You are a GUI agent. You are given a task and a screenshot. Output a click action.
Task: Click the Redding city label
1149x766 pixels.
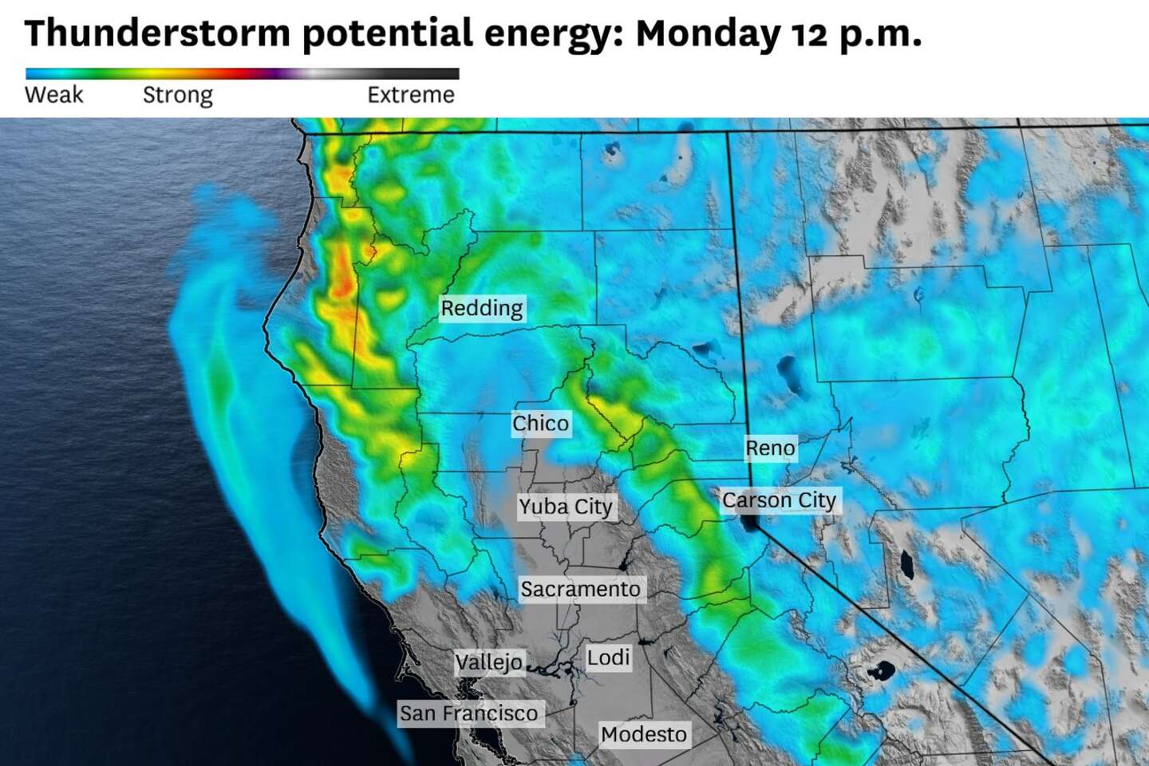pyautogui.click(x=481, y=308)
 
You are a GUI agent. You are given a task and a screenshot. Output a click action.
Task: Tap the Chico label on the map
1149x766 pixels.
pyautogui.click(x=540, y=423)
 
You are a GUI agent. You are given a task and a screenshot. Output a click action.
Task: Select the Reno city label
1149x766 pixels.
pyautogui.click(x=770, y=448)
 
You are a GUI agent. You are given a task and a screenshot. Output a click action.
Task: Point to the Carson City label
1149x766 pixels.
pyautogui.click(x=779, y=500)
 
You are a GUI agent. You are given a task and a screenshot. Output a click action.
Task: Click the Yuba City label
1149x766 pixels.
pyautogui.click(x=565, y=507)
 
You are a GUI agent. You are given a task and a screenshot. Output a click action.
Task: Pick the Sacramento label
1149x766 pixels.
pyautogui.click(x=580, y=589)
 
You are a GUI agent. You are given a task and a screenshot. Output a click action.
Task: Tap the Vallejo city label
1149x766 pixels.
pyautogui.click(x=488, y=661)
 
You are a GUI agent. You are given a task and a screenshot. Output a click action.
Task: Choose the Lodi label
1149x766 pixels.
pyautogui.click(x=608, y=657)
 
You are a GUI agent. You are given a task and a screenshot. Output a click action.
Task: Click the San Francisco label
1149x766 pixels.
pyautogui.click(x=469, y=713)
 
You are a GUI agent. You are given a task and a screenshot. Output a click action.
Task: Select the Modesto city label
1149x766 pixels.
pyautogui.click(x=643, y=734)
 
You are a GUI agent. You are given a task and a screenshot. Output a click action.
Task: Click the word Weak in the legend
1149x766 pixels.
pyautogui.click(x=54, y=95)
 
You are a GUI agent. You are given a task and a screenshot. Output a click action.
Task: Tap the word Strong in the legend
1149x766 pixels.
pyautogui.click(x=177, y=95)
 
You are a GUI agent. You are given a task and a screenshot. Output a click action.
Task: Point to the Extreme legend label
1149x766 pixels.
pyautogui.click(x=410, y=95)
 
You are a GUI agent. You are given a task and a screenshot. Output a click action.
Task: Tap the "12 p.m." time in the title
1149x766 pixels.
pyautogui.click(x=857, y=34)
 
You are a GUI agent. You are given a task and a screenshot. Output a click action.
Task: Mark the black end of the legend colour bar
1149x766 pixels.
pyautogui.click(x=447, y=74)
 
